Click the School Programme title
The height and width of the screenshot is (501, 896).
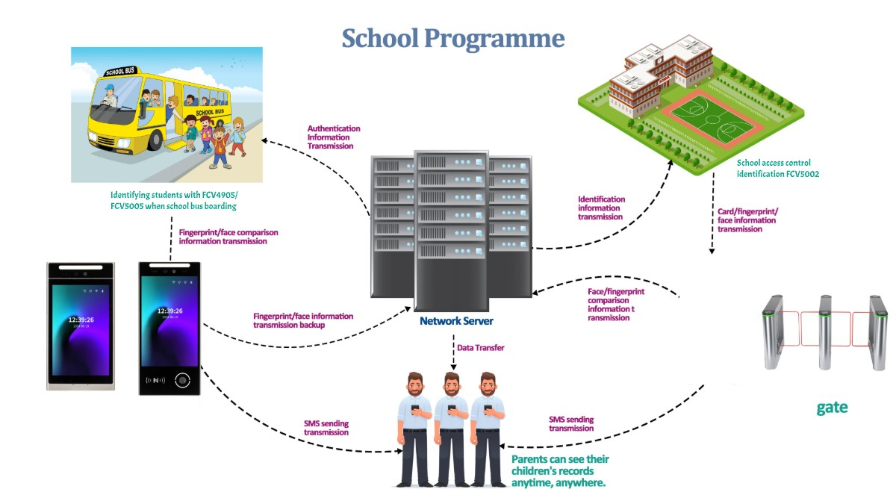(x=453, y=38)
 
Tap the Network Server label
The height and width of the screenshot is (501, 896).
(x=456, y=321)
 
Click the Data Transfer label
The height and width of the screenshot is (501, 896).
(x=480, y=348)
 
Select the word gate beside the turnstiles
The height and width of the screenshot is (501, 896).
(x=832, y=408)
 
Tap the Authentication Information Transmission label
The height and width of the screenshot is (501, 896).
(x=334, y=137)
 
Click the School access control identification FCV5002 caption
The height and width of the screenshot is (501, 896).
(x=773, y=168)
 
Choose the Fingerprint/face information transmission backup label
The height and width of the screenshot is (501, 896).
(x=303, y=320)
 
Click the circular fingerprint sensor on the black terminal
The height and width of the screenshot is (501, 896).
(x=181, y=379)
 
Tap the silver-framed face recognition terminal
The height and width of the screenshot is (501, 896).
(x=80, y=326)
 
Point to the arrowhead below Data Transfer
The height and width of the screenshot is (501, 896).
(x=453, y=367)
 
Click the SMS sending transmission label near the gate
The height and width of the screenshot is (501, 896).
(x=571, y=424)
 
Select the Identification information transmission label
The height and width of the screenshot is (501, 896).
(x=602, y=208)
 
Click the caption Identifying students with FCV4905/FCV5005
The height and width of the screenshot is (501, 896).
(x=173, y=201)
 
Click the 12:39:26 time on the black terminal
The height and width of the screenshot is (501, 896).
(x=170, y=311)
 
